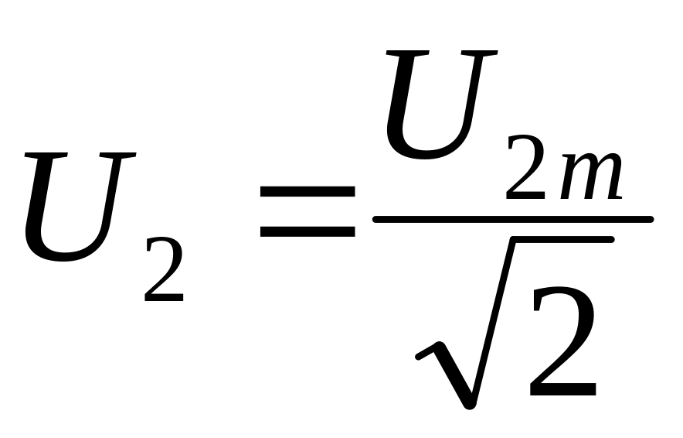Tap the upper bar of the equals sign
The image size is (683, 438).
308,192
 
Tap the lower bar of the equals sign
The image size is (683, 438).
308,231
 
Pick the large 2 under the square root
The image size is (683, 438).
562,340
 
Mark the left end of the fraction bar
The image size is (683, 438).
375,220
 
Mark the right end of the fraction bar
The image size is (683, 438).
651,220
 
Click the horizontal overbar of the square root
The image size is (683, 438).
562,239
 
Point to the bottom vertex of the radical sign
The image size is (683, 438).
469,405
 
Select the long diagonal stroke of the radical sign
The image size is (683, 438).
493,323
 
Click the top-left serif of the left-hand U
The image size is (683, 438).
46,155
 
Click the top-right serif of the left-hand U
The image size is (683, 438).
117,155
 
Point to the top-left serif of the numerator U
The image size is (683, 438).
407,53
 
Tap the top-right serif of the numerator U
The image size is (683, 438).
479,53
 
